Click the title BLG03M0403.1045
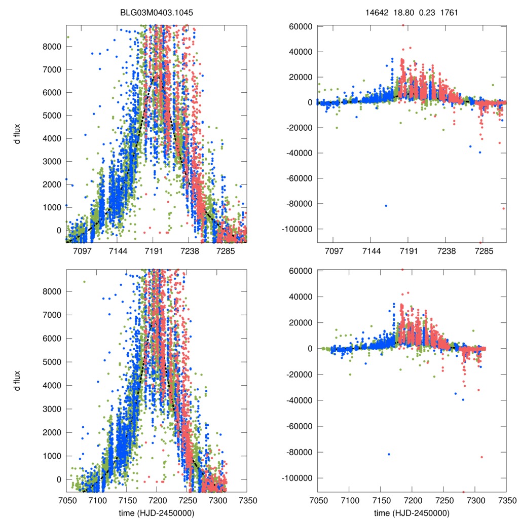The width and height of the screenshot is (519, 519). tap(156, 12)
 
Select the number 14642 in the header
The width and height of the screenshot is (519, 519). tap(376, 12)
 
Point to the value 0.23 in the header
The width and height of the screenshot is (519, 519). tap(426, 12)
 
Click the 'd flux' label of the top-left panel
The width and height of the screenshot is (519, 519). tap(17, 134)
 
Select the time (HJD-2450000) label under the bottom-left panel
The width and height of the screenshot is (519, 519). tap(156, 513)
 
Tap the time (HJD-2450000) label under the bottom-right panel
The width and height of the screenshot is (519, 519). tap(412, 513)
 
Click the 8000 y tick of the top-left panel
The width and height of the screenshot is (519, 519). tap(52, 47)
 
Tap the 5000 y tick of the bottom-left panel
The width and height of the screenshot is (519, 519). tap(52, 362)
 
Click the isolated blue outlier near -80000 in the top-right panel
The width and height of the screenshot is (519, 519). tap(386, 205)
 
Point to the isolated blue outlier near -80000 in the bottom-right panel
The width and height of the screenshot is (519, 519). tap(389, 454)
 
